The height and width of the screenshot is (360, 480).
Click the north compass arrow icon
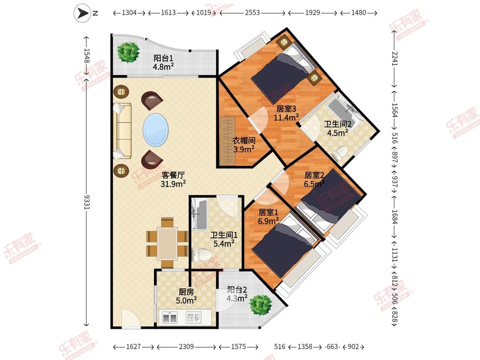point(82,13)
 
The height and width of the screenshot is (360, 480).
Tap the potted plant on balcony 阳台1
point(128,52)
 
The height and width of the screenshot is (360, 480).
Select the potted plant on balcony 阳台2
point(261,305)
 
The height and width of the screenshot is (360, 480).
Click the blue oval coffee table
point(155,130)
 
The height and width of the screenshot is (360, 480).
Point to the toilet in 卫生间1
point(201,255)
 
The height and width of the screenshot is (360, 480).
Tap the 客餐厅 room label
point(173,175)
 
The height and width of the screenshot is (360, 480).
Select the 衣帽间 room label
point(244,140)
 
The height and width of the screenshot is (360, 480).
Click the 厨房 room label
point(186,292)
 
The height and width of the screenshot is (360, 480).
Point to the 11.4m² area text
point(286,117)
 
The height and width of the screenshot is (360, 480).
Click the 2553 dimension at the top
point(252,12)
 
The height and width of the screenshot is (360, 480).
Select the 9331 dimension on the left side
point(87,202)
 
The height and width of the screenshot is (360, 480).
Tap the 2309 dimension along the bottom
point(186,346)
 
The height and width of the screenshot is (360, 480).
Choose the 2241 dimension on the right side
point(395,58)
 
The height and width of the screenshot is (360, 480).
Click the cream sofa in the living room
point(122,131)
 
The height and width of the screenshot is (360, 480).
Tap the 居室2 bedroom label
point(314,175)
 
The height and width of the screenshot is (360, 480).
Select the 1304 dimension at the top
point(129,12)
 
